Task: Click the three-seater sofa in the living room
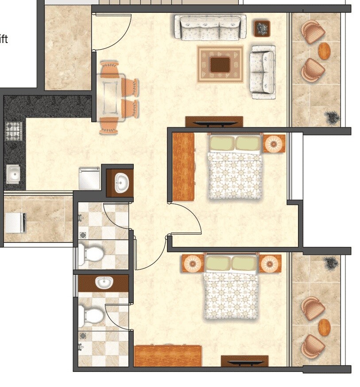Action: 209,27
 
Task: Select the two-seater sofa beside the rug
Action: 263,72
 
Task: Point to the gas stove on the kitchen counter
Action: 14,131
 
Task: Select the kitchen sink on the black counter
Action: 14,174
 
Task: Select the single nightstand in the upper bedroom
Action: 275,144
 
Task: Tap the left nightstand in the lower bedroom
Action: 193,264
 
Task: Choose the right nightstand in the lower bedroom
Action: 270,264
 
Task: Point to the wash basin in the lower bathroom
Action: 104,282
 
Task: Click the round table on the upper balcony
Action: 325,51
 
